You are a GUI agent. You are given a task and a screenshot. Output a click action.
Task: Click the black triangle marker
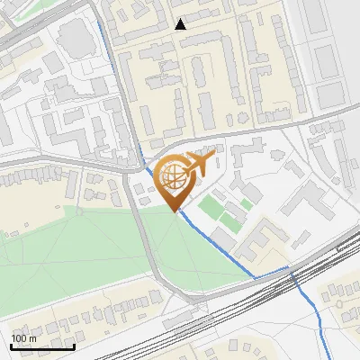[181, 24]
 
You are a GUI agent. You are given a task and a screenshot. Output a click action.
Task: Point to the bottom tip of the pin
[174, 211]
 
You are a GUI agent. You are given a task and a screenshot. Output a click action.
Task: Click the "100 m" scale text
[24, 338]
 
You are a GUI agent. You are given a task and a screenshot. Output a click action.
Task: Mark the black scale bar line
[42, 346]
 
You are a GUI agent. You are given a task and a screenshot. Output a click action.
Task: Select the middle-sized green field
[232, 216]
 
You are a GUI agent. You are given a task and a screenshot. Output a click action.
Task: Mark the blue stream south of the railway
[310, 310]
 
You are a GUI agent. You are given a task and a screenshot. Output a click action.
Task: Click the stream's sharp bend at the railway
[289, 268]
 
